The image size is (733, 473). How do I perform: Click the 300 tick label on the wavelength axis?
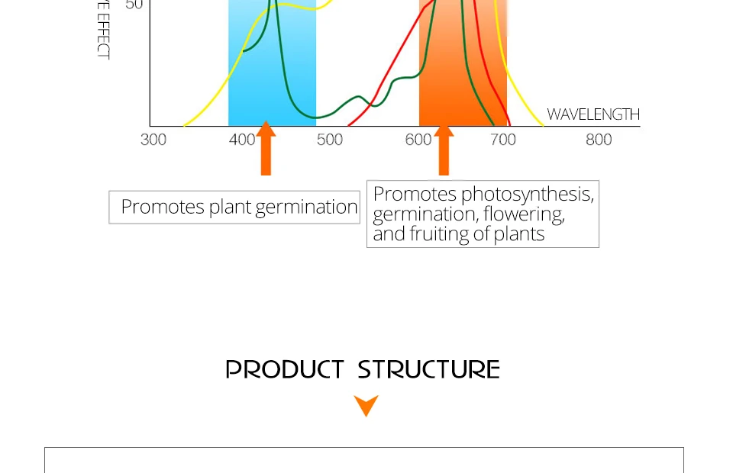tap(153, 140)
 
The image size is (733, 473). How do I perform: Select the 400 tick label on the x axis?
tap(242, 140)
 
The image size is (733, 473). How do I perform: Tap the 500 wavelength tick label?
tap(330, 140)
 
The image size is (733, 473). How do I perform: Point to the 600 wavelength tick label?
tap(418, 140)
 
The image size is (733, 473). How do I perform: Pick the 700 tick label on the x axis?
tap(503, 140)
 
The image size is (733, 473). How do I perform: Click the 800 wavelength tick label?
tap(599, 140)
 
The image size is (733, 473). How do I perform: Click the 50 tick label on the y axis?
tap(134, 5)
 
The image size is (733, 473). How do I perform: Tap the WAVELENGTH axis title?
tap(593, 114)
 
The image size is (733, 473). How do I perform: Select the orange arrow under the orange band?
tap(444, 150)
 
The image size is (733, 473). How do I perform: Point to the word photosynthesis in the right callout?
tap(527, 195)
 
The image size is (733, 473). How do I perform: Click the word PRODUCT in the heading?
tap(285, 369)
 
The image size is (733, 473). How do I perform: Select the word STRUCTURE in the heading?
tap(428, 369)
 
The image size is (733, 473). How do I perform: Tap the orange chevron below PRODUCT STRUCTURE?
tap(366, 405)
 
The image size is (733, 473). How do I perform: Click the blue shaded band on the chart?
tap(272, 76)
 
